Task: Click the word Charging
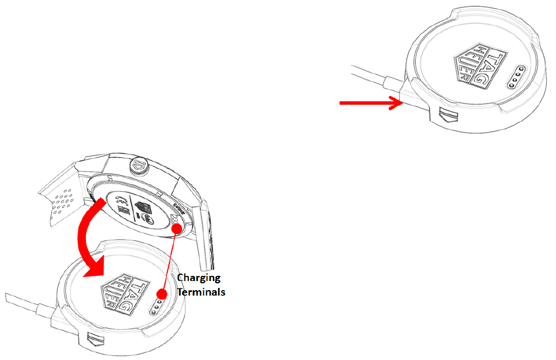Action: (x=199, y=278)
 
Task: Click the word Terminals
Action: (x=200, y=292)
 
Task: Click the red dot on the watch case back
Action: (x=178, y=228)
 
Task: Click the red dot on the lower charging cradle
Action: (x=162, y=294)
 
